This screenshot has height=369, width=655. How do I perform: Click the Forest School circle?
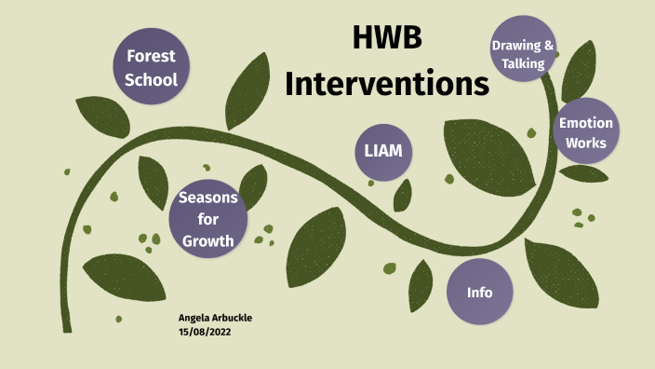(151, 67)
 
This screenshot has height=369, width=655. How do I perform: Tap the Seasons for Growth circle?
(207, 219)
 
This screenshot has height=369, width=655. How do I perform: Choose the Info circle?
(480, 292)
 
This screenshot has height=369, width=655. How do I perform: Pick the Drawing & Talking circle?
(524, 53)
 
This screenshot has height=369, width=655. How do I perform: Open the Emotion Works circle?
(586, 132)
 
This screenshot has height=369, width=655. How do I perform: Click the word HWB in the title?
(387, 38)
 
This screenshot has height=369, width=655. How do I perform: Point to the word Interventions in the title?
(387, 83)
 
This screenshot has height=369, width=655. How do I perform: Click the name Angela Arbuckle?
(215, 318)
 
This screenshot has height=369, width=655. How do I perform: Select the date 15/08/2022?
(203, 331)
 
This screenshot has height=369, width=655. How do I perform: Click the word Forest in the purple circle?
(151, 55)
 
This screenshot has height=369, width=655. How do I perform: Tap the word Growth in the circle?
(207, 241)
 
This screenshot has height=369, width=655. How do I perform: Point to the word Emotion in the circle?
(586, 122)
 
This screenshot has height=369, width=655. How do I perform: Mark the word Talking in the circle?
(523, 62)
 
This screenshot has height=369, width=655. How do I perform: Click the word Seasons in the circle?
(207, 198)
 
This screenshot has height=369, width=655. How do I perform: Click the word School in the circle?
(151, 79)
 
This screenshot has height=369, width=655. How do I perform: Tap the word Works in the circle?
(586, 143)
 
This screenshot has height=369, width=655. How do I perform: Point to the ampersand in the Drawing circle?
(550, 45)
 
